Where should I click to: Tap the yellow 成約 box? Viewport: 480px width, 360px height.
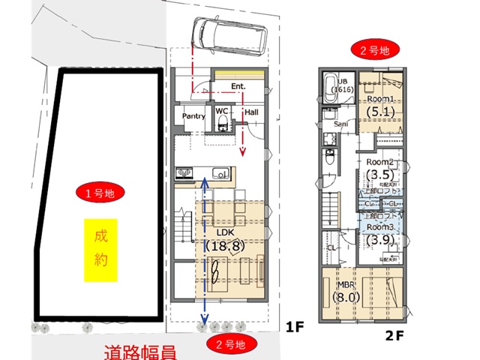coord(101,249)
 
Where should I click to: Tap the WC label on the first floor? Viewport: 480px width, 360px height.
coord(222,111)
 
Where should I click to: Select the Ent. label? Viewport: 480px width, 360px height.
coord(238,87)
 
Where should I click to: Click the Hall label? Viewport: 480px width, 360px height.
coord(252,112)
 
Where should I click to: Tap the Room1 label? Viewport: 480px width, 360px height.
coord(380,99)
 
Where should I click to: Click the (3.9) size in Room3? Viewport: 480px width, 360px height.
coord(380,240)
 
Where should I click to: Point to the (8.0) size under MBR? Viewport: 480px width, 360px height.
coord(346,297)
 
